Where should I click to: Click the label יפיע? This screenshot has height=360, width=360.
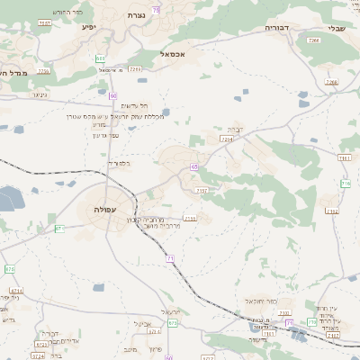(x=88, y=27)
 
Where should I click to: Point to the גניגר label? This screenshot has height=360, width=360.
(x=39, y=94)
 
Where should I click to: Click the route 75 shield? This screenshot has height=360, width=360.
(x=157, y=9)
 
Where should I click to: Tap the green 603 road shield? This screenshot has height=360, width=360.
(x=99, y=58)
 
